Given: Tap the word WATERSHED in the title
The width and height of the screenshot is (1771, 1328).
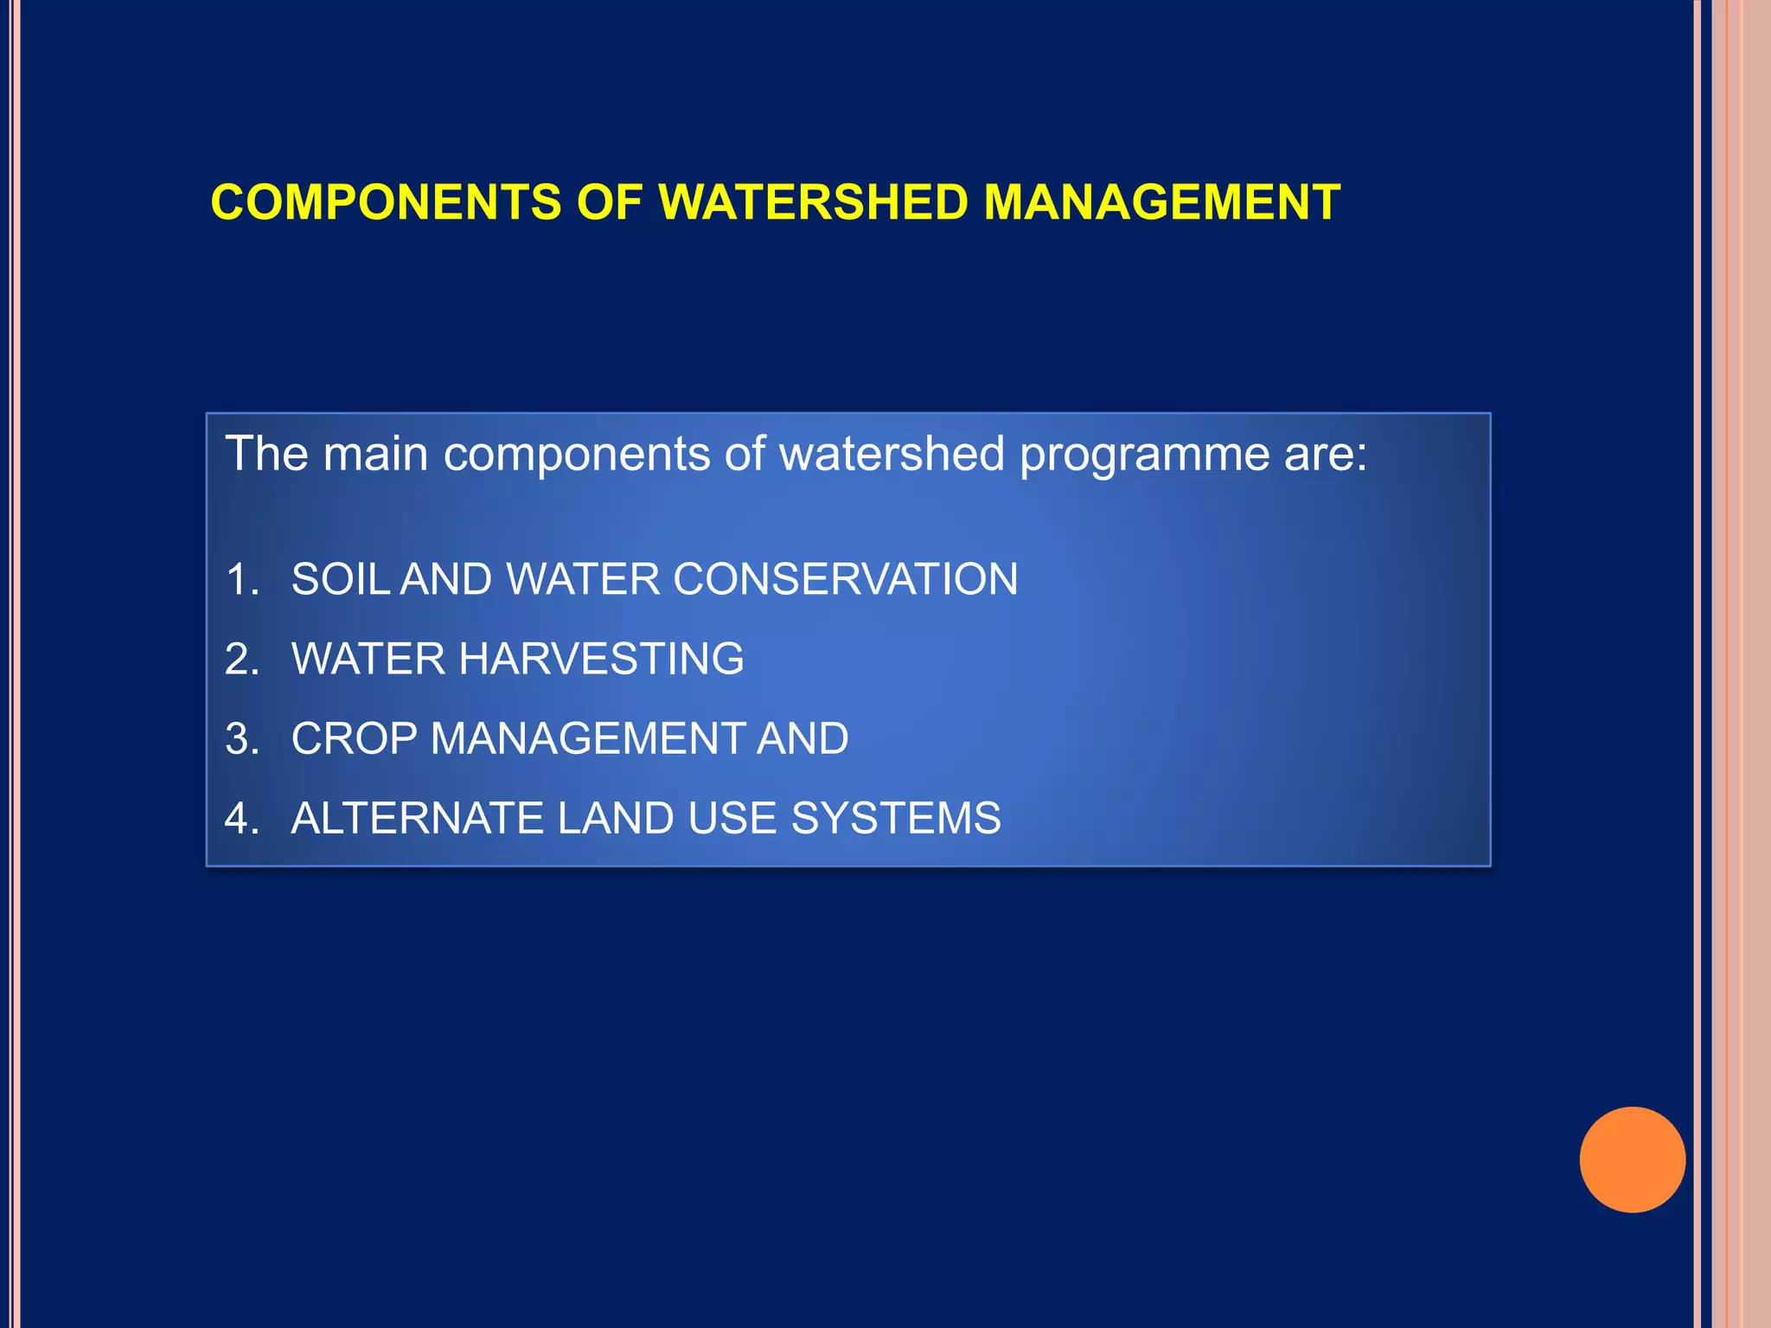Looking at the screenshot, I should coord(813,202).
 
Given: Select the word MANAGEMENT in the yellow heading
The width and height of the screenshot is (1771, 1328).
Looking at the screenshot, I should coord(1161,202).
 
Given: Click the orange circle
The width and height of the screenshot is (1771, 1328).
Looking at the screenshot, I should coord(1632,1159).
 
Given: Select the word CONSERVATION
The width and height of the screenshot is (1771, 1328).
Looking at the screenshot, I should coord(845,579).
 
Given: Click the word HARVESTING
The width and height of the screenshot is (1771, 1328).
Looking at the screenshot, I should coord(601,659).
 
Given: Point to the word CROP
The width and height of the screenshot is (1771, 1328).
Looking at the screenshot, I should coord(355,739).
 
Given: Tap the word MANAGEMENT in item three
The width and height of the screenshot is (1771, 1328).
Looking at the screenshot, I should coord(588,739).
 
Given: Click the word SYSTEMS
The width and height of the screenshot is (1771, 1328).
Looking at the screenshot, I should coord(895,819).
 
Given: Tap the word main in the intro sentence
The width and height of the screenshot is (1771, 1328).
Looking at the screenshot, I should coord(375,454).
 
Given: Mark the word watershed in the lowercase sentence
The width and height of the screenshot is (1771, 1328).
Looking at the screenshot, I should coord(892,454).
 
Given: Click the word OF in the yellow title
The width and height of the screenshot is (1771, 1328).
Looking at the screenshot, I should coord(609,202).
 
